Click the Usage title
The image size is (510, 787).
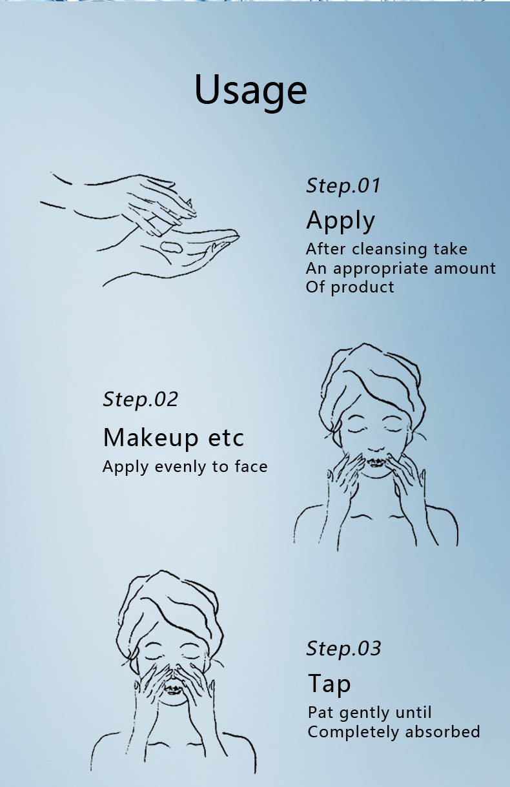[250, 90]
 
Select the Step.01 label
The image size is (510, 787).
[343, 186]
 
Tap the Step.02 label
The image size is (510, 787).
[140, 400]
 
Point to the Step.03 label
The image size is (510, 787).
[343, 649]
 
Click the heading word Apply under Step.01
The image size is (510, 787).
[340, 221]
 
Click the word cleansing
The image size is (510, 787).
[389, 249]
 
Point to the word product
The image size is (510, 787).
[362, 288]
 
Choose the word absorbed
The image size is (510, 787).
[443, 732]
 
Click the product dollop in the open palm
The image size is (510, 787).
[172, 247]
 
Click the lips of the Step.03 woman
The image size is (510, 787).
[173, 690]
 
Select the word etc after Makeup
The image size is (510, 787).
[226, 439]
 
